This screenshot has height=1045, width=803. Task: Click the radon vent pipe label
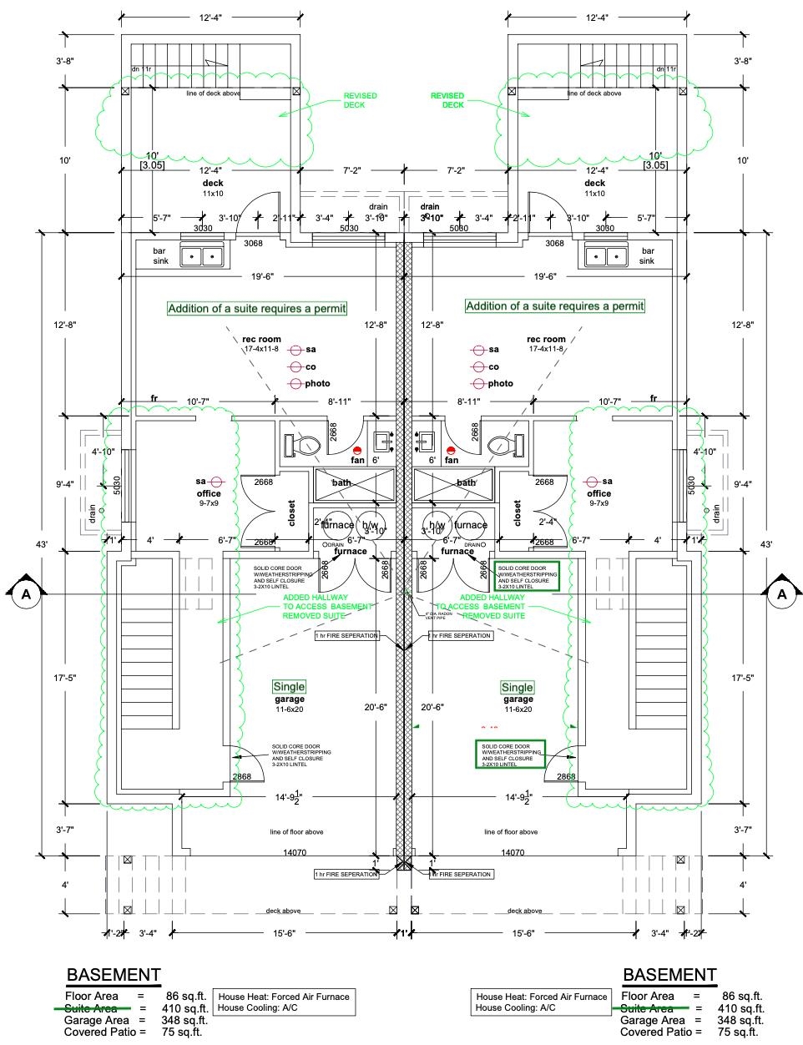point(417,616)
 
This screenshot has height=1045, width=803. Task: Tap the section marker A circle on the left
point(26,593)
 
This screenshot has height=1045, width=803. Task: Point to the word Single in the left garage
point(289,687)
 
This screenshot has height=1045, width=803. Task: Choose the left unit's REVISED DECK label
point(360,100)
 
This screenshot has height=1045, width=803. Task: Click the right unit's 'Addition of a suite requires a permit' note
point(555,306)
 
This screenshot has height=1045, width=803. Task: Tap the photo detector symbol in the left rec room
point(295,384)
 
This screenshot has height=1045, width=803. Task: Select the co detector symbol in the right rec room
point(479,367)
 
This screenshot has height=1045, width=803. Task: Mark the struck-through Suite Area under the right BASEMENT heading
point(648,1008)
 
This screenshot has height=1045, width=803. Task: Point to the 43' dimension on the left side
point(42,544)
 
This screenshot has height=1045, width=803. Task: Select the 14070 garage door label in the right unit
point(512,853)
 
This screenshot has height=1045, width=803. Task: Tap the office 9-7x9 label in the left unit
point(208,498)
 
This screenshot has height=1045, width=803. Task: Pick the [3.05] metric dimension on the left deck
point(153,165)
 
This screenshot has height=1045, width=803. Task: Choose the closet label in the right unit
point(518,512)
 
